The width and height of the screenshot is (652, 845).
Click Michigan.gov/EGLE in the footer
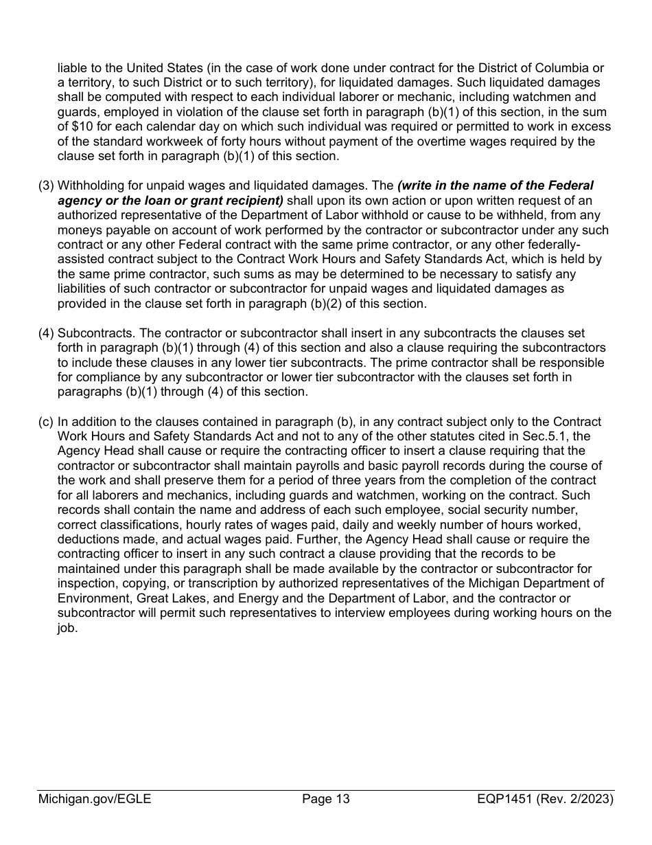[x=94, y=798]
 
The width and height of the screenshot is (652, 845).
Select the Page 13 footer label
[x=326, y=798]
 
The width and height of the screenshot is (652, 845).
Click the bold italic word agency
[x=80, y=201]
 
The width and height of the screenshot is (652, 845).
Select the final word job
[x=67, y=629]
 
